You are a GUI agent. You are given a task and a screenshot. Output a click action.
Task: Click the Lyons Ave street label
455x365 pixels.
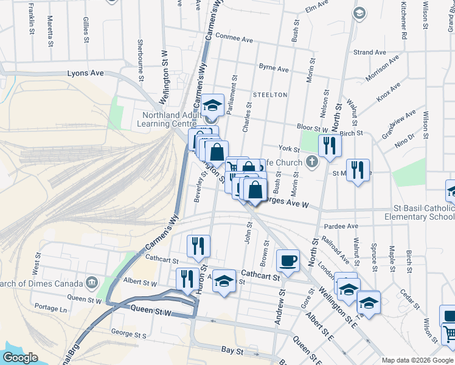pos(86,73)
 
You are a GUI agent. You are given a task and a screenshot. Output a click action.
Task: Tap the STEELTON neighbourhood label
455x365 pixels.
pos(270,95)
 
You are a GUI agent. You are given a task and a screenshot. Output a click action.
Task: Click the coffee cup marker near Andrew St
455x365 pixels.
pos(288,260)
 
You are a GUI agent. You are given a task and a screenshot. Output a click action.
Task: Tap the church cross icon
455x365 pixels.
pos(312,162)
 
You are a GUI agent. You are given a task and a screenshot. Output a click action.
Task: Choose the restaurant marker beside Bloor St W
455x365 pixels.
pos(329,145)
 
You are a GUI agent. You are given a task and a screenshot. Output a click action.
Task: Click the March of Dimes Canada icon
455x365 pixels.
pos(92,282)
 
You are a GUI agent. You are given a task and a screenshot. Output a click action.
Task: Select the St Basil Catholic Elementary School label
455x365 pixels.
pos(419,212)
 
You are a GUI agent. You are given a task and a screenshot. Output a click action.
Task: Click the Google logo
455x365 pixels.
pos(21,358)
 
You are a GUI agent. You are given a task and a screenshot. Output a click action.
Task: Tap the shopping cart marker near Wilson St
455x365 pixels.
pos(449,334)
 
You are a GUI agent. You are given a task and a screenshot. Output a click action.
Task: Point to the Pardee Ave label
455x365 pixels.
pos(341,226)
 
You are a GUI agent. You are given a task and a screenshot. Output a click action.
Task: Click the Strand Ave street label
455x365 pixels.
pos(370,52)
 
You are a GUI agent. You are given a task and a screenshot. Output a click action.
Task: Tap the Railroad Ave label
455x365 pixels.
pos(345,249)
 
